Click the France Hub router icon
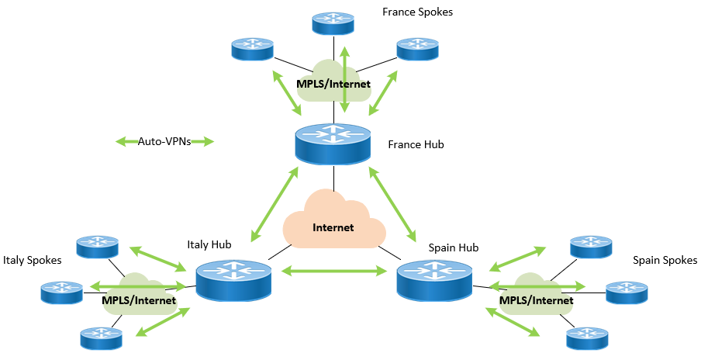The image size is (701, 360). (x=333, y=145)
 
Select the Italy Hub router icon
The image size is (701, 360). (x=233, y=281)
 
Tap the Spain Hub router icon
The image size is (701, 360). (x=433, y=282)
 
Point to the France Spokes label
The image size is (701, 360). (x=417, y=12)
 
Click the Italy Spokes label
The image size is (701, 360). (x=32, y=260)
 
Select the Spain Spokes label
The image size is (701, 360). (x=665, y=260)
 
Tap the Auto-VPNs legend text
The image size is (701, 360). (x=164, y=142)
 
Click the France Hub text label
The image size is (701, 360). (x=416, y=144)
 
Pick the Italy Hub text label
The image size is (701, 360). (x=209, y=245)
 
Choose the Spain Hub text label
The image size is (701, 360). (x=454, y=247)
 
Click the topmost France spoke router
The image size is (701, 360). (x=333, y=22)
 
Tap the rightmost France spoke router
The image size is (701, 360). (x=417, y=49)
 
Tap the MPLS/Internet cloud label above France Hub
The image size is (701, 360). (x=333, y=83)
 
